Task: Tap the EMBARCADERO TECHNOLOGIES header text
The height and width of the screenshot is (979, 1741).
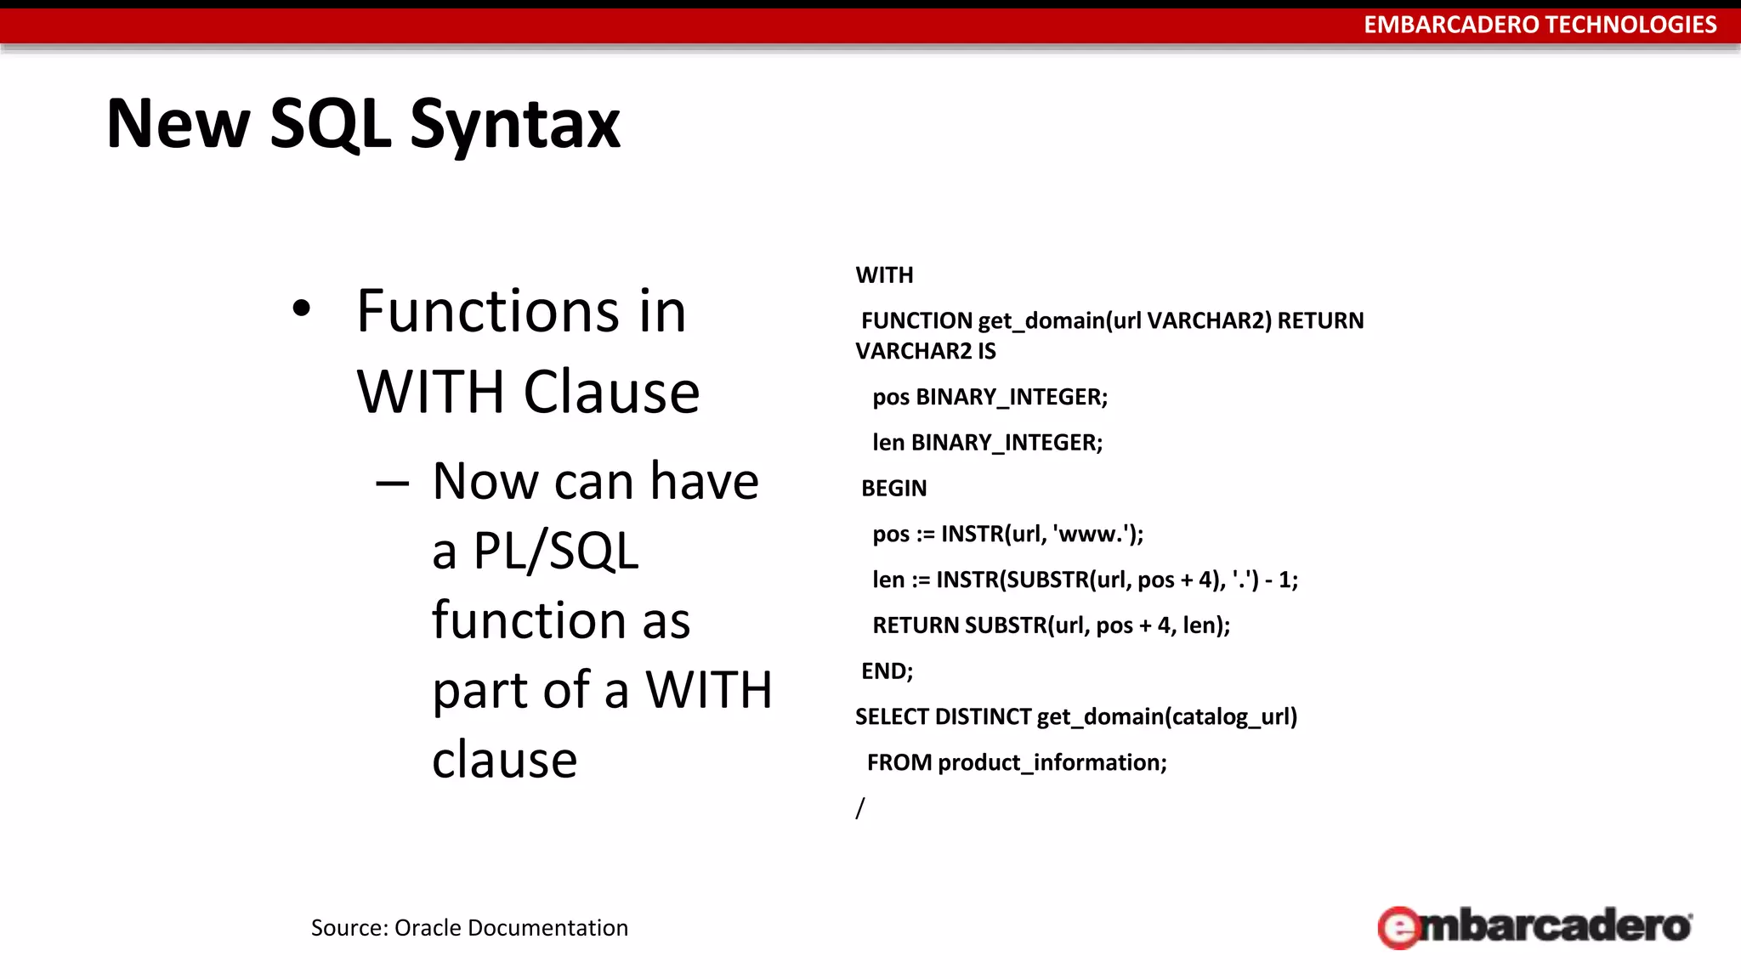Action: coord(1540,25)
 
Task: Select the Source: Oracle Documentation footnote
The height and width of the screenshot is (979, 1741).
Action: coord(469,927)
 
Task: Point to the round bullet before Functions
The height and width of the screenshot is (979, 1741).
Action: coord(301,309)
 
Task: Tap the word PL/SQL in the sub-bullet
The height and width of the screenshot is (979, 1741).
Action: coord(555,551)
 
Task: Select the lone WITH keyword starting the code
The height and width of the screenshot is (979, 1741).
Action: coord(884,275)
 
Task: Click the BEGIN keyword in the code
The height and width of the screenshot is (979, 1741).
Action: coord(893,489)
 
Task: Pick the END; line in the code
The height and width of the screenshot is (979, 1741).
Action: coord(887,671)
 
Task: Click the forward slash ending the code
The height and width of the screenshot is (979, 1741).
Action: coord(860,808)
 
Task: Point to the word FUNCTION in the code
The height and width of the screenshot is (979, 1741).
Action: coord(916,321)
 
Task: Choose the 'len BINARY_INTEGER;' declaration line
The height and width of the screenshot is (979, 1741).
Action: coord(987,443)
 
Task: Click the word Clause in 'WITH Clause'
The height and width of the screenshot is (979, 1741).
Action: coord(611,393)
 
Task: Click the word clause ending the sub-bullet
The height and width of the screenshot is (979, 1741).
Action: coord(504,759)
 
